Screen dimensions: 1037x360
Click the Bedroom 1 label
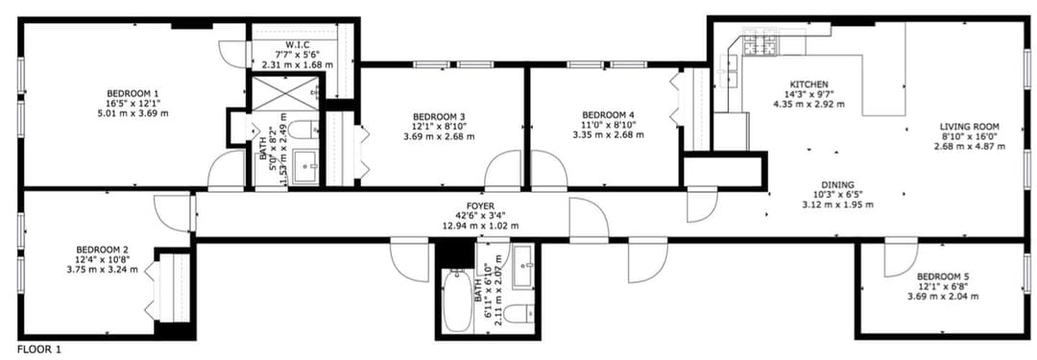133,93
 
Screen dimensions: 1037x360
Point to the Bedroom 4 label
609,114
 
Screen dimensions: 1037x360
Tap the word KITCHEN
809,84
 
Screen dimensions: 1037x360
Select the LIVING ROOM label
970,127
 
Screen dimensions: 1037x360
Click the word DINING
837,184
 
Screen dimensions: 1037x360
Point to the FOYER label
480,205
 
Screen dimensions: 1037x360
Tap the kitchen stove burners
761,45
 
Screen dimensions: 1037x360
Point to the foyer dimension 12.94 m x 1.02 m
480,226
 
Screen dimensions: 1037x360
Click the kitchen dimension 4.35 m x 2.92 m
809,104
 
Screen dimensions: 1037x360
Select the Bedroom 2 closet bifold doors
150,289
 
